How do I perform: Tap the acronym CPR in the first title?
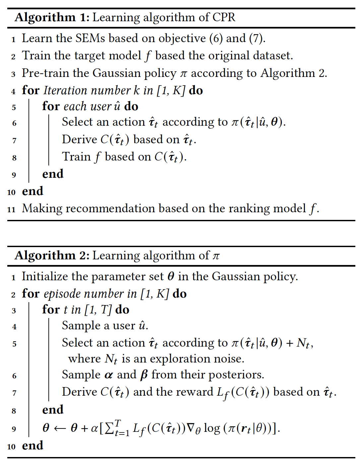pyautogui.click(x=224, y=17)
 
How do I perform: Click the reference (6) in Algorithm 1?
pyautogui.click(x=216, y=38)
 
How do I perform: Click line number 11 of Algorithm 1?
pyautogui.click(x=11, y=209)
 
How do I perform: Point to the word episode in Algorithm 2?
pyautogui.click(x=62, y=294)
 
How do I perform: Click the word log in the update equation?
pyautogui.click(x=212, y=429)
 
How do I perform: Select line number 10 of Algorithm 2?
pyautogui.click(x=11, y=446)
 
